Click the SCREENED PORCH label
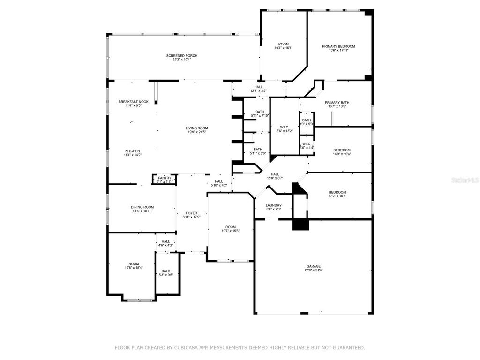[182, 56]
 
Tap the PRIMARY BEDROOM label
[338, 46]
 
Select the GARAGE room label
[314, 266]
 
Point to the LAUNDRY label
[274, 205]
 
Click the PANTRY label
[165, 178]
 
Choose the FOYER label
[191, 213]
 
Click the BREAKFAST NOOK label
[133, 102]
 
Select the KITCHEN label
[132, 151]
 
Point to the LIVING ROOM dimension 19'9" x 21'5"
[197, 132]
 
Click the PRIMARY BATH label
[337, 103]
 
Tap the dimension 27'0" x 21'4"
[314, 270]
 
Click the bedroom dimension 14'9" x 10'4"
[342, 154]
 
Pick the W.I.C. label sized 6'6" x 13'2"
[285, 127]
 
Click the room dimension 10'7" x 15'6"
[230, 231]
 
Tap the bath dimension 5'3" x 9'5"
[166, 275]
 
